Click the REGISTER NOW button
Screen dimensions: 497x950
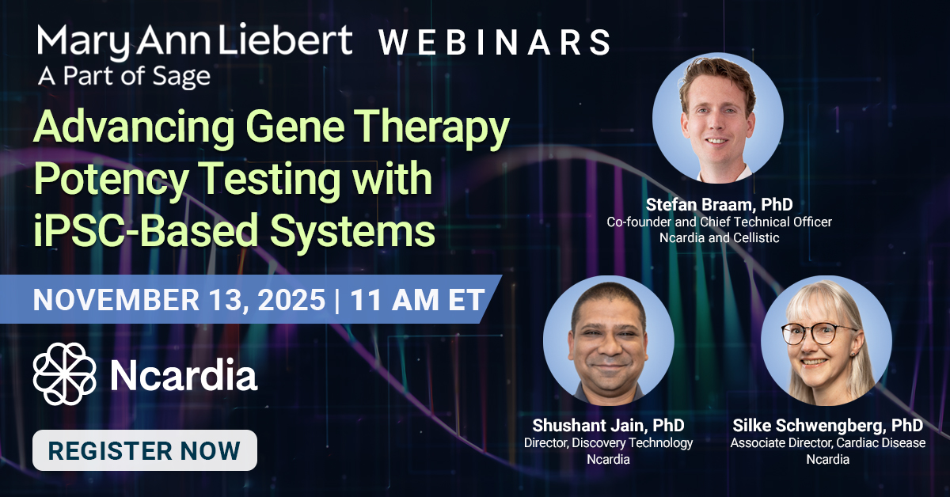(144, 450)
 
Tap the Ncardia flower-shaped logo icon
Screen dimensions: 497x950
(65, 374)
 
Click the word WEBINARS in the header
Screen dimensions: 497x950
(494, 42)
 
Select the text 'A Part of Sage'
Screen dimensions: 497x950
(124, 77)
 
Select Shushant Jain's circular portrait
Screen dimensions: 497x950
(608, 340)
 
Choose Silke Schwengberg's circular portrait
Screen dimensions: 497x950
(826, 340)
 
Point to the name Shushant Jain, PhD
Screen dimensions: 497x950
(608, 427)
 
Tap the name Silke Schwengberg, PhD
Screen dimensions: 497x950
(827, 427)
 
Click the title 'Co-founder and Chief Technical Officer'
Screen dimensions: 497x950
(719, 222)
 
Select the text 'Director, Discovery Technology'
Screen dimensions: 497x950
(608, 443)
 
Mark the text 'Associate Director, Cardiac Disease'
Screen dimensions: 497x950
(827, 443)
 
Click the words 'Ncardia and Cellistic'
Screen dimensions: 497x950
(719, 238)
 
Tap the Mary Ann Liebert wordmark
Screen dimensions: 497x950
(194, 40)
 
